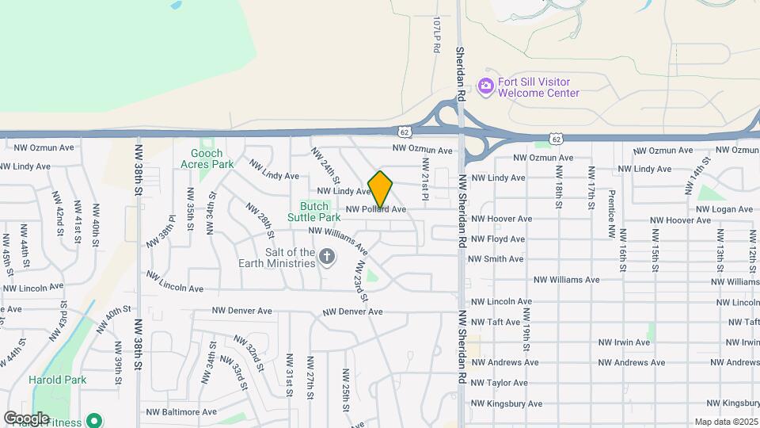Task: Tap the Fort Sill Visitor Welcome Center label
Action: pos(538,87)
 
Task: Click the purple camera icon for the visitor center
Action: pos(485,86)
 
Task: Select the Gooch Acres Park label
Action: pos(207,159)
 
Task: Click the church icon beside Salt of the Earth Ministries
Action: pos(328,257)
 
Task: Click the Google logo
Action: pos(25,418)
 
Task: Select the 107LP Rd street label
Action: pos(435,36)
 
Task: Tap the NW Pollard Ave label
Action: pos(375,209)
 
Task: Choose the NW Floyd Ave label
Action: pos(498,239)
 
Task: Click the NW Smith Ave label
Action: pos(496,259)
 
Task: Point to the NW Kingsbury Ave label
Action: pos(507,403)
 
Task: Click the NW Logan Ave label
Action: pos(724,209)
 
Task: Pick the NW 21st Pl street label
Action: pos(425,178)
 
